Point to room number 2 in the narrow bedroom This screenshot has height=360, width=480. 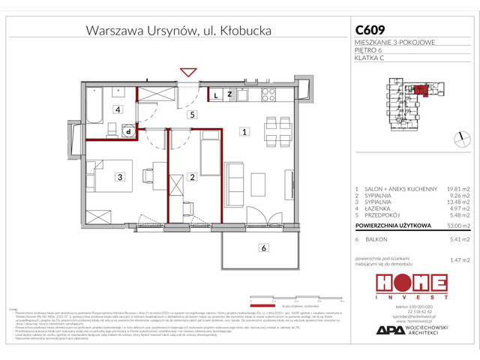click(193, 177)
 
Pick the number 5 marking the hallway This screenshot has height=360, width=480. click(193, 115)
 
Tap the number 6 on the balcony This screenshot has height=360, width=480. click(263, 248)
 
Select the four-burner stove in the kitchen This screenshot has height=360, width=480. click(268, 95)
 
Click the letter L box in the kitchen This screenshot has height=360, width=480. click(214, 95)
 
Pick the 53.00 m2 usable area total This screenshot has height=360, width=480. click(454, 225)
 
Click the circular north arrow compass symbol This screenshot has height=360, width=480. click(458, 135)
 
